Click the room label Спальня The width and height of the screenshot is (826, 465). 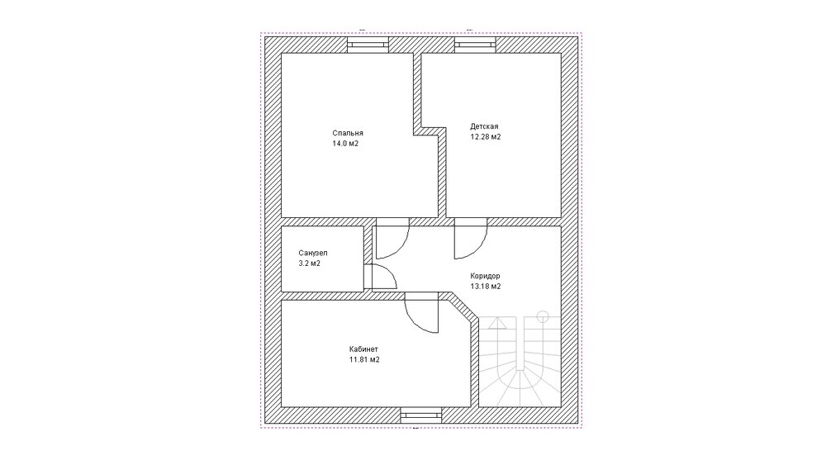tap(348, 133)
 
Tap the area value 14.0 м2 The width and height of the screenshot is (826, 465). tap(345, 143)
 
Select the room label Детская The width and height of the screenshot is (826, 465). tap(484, 126)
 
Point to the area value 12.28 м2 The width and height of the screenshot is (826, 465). tap(485, 137)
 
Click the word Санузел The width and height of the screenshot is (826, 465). tap(313, 254)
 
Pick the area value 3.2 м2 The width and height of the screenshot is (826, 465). tap(309, 263)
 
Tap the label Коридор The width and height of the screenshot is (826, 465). tap(485, 276)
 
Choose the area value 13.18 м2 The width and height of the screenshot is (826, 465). tap(485, 287)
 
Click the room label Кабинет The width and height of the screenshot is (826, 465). tap(363, 349)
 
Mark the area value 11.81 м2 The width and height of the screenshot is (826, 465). tap(364, 359)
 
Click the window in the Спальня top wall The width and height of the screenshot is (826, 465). tap(368, 45)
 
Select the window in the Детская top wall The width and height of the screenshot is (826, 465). tap(475, 45)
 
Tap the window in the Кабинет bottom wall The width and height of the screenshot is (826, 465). tap(421, 415)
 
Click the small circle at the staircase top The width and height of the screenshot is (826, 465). tap(542, 316)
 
